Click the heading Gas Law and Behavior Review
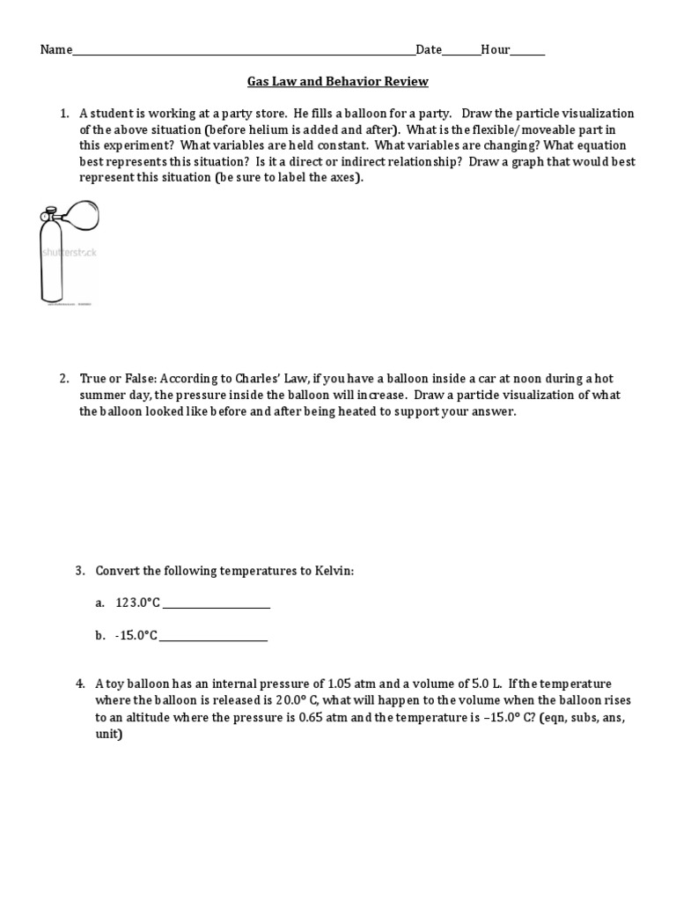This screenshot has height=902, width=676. [337, 82]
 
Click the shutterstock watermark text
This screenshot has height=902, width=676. [70, 253]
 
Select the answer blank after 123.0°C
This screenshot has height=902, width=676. [217, 606]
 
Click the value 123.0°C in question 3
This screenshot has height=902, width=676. [138, 603]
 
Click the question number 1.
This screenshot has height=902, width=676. [63, 114]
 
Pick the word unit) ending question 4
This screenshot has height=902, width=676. [109, 733]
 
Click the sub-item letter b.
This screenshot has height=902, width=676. [100, 635]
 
